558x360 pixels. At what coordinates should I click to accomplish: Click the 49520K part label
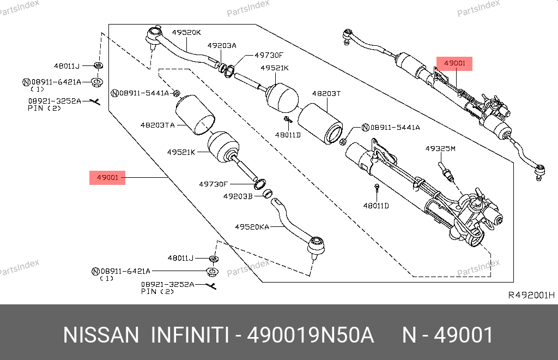point(186,32)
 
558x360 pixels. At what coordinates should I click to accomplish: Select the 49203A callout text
point(222,46)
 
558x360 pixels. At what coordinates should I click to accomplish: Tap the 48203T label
point(326,93)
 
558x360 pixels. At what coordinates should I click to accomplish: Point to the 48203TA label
point(158,125)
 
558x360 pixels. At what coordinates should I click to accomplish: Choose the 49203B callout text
point(238,195)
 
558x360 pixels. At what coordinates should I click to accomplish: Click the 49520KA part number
point(252,226)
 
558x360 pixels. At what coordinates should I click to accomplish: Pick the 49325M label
point(440,148)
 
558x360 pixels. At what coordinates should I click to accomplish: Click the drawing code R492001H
point(531,295)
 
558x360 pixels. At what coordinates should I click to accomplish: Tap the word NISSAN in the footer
point(101,335)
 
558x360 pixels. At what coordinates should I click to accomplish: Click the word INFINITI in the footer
point(190,335)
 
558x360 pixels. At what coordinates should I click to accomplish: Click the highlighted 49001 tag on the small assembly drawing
point(454,63)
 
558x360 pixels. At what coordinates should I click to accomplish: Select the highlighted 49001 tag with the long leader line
point(108,177)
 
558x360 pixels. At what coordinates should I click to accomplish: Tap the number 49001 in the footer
point(463,335)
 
